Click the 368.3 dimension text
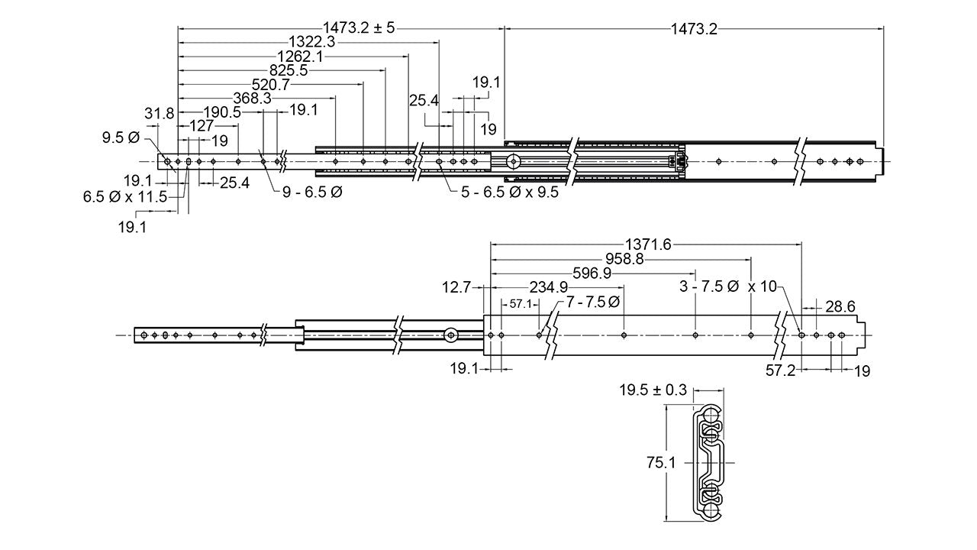pos(252,99)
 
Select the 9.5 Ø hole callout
pos(121,137)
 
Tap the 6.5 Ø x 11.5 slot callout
pos(124,196)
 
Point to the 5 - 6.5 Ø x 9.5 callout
pos(509,192)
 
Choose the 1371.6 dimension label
pos(647,244)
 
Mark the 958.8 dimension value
pos(623,259)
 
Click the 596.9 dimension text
pos(592,273)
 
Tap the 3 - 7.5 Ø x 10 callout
pos(727,286)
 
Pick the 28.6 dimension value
pos(840,306)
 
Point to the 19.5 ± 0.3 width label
pos(653,390)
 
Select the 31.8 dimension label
pos(159,114)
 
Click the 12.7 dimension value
pos(456,287)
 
